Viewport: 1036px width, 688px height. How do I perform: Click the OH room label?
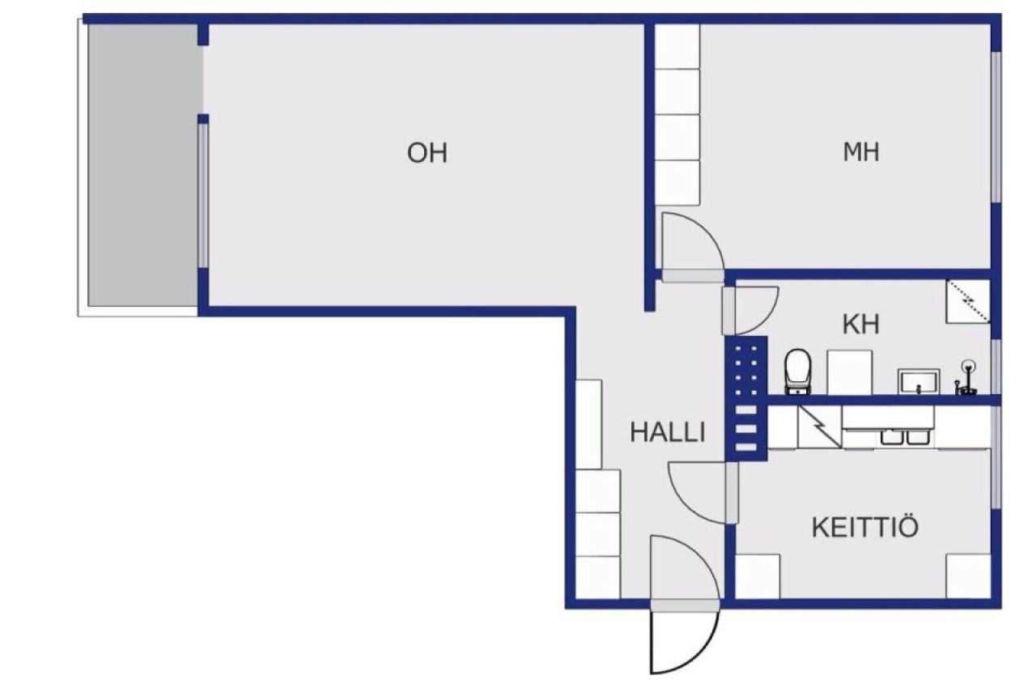tap(427, 153)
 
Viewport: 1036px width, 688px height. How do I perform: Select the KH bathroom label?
tap(860, 324)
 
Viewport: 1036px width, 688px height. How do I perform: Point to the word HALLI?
tap(668, 432)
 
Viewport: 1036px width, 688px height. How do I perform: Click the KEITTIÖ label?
tap(865, 526)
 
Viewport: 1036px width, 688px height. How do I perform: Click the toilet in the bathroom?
tap(798, 372)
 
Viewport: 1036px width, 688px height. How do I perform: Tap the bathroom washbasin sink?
tap(919, 381)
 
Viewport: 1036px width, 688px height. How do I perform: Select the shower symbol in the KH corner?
tap(968, 301)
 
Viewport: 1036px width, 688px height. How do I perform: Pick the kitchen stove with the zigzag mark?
tap(819, 427)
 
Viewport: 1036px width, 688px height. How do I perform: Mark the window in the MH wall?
tap(996, 127)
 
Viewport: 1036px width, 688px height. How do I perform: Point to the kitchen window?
tap(996, 457)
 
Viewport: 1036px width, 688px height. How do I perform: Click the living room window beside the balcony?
tap(203, 196)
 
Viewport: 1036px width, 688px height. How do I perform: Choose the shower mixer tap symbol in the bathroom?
tap(966, 378)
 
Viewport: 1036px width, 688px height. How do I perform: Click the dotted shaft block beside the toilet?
tap(746, 398)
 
